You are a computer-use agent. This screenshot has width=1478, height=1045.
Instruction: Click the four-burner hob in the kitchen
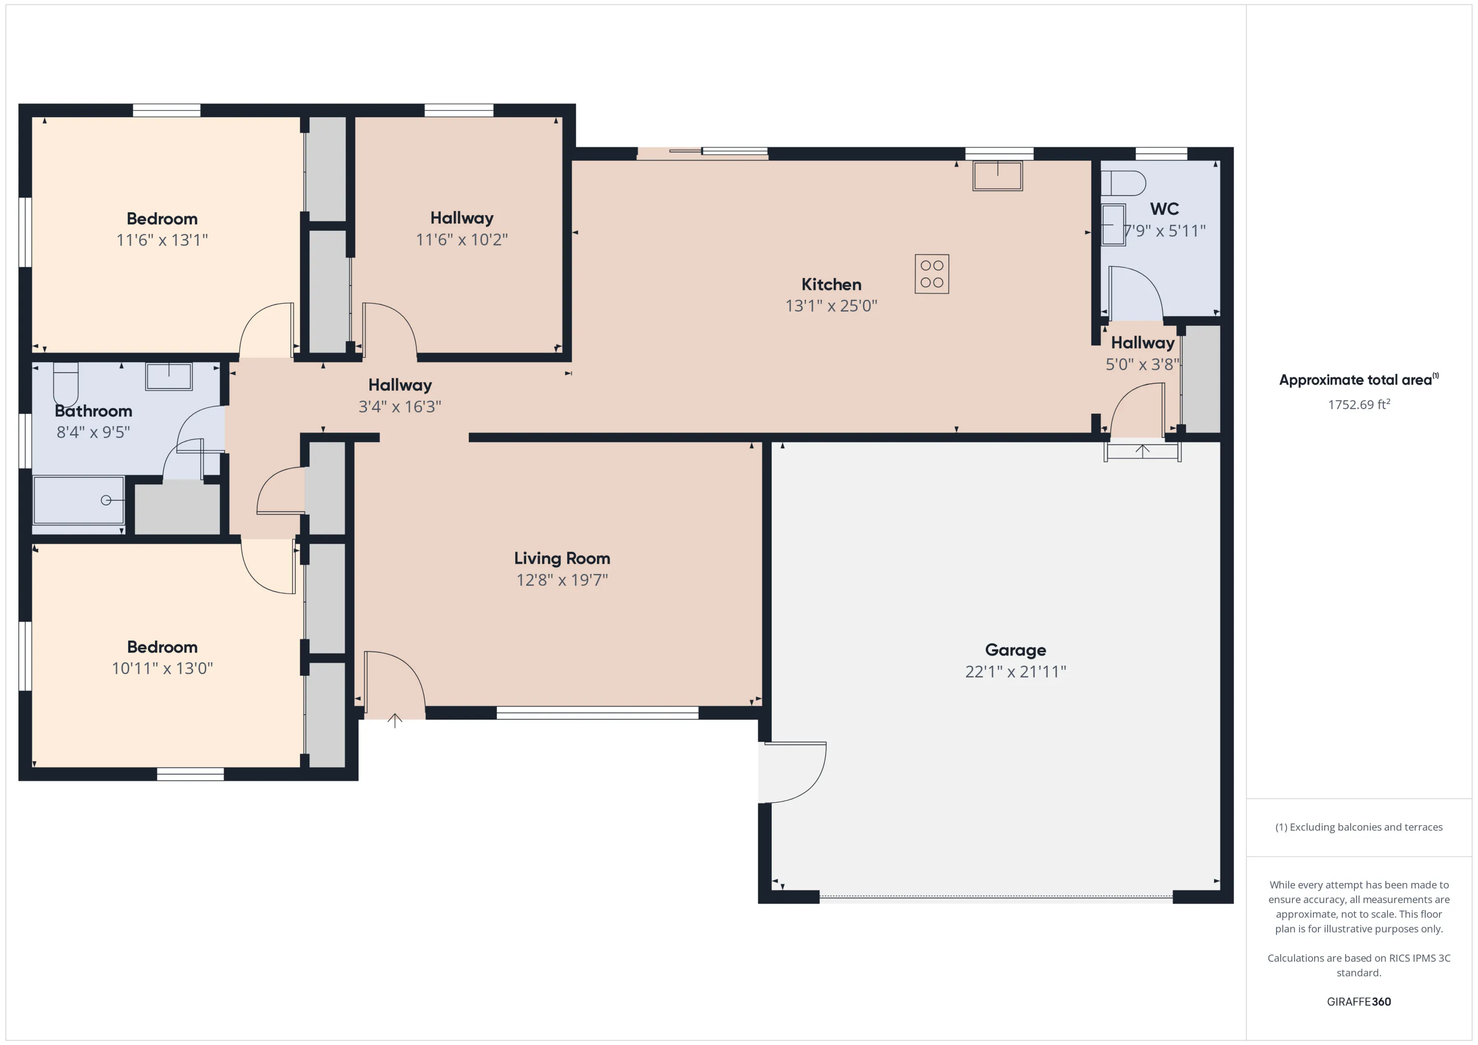931,274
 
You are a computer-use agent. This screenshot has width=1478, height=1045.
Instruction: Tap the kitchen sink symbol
997,176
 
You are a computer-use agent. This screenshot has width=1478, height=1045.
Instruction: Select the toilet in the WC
1123,183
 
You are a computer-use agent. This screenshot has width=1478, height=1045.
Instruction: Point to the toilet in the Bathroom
65,384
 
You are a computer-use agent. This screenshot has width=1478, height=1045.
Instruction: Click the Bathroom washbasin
169,377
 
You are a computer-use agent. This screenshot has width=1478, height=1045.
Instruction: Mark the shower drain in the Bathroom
106,500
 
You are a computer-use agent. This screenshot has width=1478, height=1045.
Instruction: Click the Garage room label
1015,650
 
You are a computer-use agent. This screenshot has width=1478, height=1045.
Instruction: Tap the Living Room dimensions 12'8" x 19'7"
562,580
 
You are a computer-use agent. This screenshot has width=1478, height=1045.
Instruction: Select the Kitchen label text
831,284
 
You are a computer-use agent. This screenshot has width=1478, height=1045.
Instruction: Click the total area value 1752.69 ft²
1359,404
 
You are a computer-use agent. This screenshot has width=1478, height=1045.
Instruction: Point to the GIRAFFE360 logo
1358,1002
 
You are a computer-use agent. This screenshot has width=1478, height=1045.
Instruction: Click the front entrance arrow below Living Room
395,720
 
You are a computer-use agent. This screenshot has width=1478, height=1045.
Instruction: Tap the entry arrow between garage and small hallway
1143,451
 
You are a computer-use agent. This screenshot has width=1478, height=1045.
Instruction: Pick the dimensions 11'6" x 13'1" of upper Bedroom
162,240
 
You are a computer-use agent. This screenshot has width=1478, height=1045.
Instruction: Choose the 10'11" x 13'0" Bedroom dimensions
162,668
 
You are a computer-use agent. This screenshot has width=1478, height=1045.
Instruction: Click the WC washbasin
1113,225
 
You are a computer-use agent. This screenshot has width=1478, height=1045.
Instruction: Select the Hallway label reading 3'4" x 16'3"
400,407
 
